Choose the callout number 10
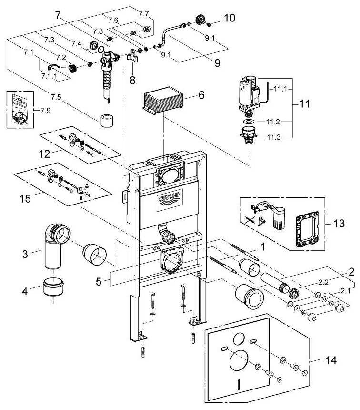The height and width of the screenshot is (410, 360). coord(230,18)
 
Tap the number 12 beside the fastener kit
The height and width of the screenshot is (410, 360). coord(45,154)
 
